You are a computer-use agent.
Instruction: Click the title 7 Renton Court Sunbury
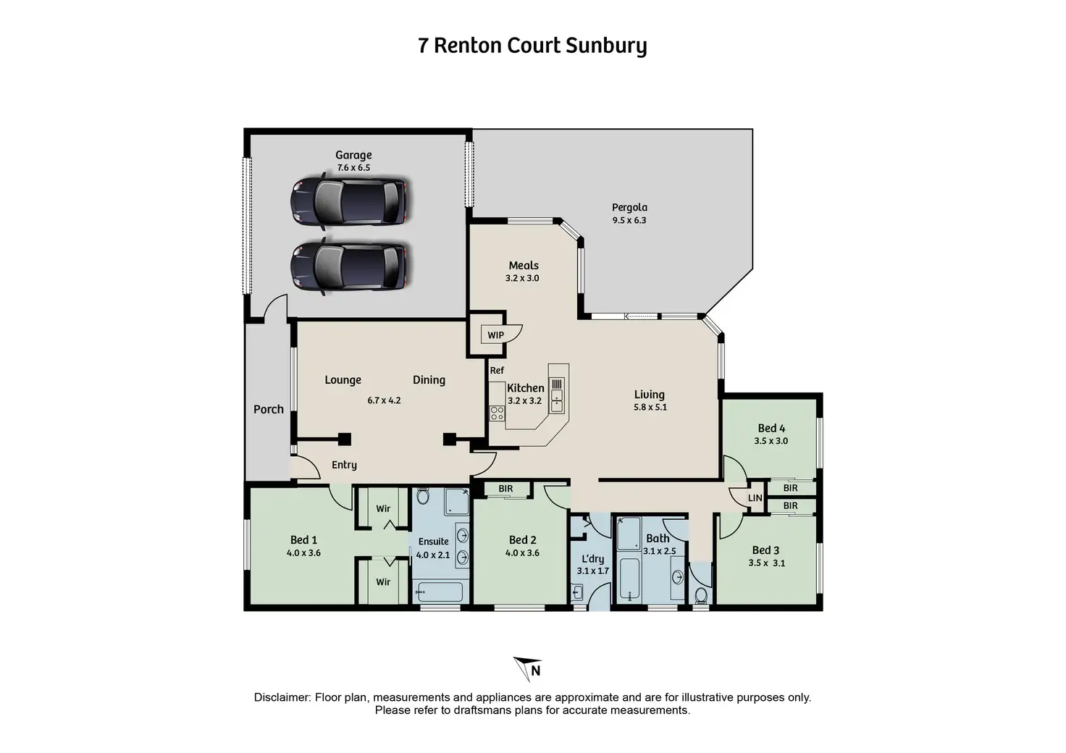[x=532, y=46]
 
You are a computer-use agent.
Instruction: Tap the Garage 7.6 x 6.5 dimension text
[x=353, y=167]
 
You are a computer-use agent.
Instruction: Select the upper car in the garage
[x=349, y=201]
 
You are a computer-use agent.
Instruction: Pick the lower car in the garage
[x=349, y=266]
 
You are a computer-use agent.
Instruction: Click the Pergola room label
[x=629, y=207]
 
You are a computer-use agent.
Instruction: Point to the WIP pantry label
[x=495, y=335]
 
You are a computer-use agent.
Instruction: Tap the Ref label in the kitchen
[x=497, y=370]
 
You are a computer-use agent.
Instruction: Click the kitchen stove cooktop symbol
[x=498, y=413]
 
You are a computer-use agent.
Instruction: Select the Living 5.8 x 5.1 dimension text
[x=650, y=407]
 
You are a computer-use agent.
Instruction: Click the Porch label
[x=269, y=409]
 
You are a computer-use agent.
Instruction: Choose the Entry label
[x=344, y=465]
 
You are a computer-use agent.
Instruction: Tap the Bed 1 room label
[x=303, y=540]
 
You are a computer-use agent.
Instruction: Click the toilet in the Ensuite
[x=423, y=496]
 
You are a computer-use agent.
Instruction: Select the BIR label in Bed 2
[x=505, y=489]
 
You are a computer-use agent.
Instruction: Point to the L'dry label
[x=593, y=559]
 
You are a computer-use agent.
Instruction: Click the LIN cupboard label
[x=755, y=498]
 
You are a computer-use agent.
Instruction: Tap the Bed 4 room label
[x=771, y=428]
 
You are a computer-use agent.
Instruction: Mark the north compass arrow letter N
[x=536, y=670]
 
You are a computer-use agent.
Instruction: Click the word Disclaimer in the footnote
[x=281, y=697]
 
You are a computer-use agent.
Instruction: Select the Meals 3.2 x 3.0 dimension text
[x=522, y=278]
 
